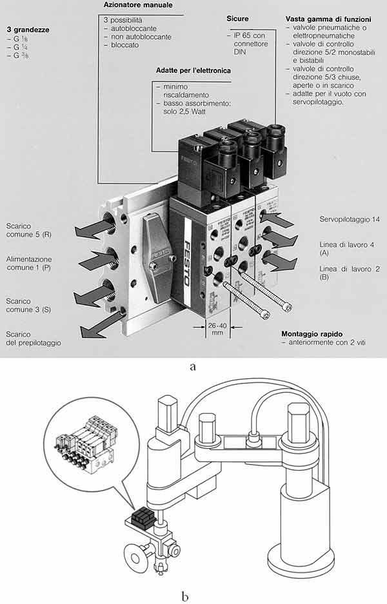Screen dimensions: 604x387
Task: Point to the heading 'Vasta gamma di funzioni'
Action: click(x=327, y=19)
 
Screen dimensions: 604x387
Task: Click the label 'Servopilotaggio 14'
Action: click(x=349, y=220)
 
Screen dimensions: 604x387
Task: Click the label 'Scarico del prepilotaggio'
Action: click(x=33, y=338)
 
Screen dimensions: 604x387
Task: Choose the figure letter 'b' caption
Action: click(x=186, y=596)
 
